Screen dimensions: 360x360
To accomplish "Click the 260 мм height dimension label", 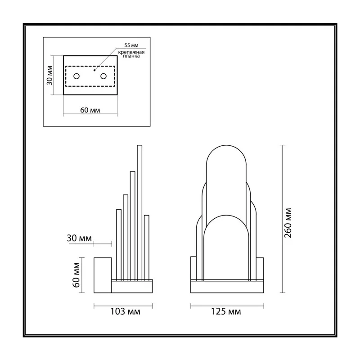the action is (288, 223).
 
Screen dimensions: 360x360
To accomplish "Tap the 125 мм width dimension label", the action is (226, 311).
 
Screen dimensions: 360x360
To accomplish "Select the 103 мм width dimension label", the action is (126, 311).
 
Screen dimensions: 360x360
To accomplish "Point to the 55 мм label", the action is (131, 45).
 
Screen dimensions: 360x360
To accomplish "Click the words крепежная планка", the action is (131, 54).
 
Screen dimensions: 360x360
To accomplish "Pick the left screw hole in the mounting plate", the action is (76, 76).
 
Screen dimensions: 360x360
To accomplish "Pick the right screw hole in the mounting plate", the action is (103, 76).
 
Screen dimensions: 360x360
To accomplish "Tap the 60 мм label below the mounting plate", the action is (90, 110).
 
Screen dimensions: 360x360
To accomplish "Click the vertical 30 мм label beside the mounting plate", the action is (49, 76).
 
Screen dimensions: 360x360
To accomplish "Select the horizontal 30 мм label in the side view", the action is (79, 238).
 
